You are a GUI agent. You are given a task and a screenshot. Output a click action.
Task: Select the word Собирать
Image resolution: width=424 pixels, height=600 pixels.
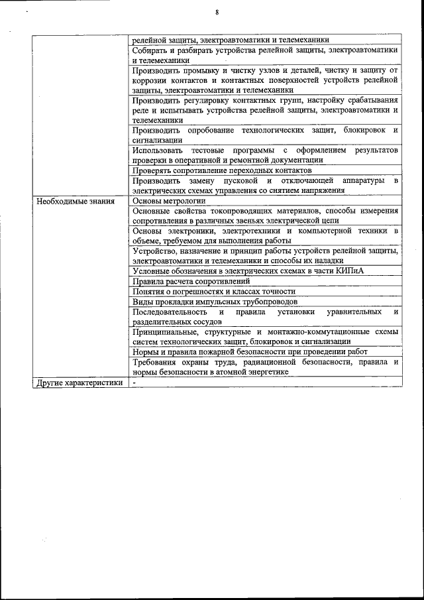pos(152,50)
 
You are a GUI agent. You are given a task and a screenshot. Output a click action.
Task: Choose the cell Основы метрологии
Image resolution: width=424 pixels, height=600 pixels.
pos(169,200)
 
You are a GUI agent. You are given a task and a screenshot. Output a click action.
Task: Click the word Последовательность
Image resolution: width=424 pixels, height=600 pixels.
pos(169,311)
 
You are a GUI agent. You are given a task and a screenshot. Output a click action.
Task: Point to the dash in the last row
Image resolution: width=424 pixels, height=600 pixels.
pos(134,383)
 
